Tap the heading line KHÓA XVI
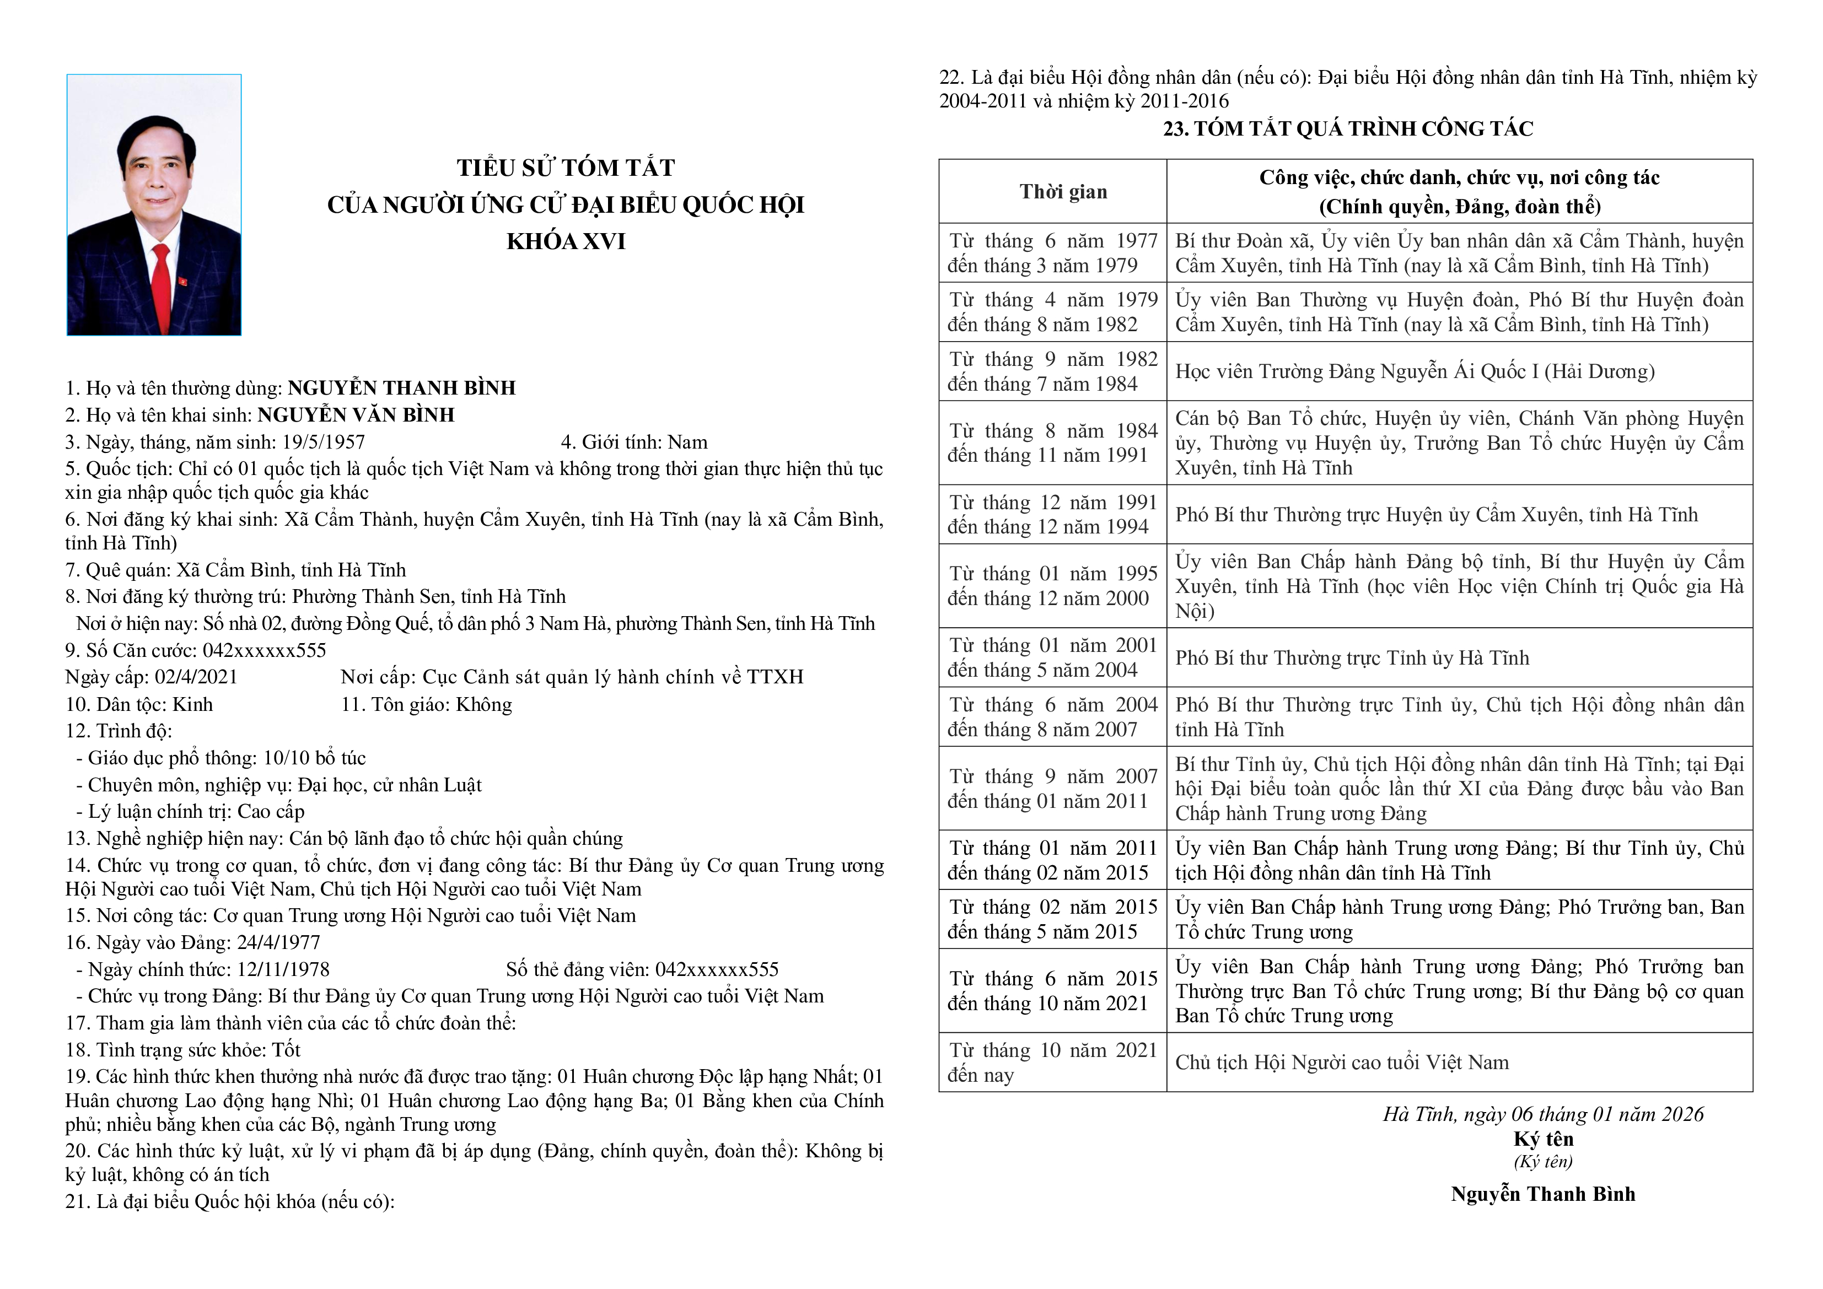click(566, 241)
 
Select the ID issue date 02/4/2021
click(196, 677)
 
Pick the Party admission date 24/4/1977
click(280, 943)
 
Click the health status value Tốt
click(286, 1050)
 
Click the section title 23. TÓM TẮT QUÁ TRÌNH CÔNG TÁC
click(1347, 128)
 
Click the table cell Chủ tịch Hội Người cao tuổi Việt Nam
click(1342, 1063)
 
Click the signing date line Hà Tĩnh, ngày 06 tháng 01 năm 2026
click(1543, 1114)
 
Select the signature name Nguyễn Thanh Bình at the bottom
click(1543, 1195)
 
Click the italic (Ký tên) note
click(1543, 1162)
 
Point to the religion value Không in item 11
click(485, 704)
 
